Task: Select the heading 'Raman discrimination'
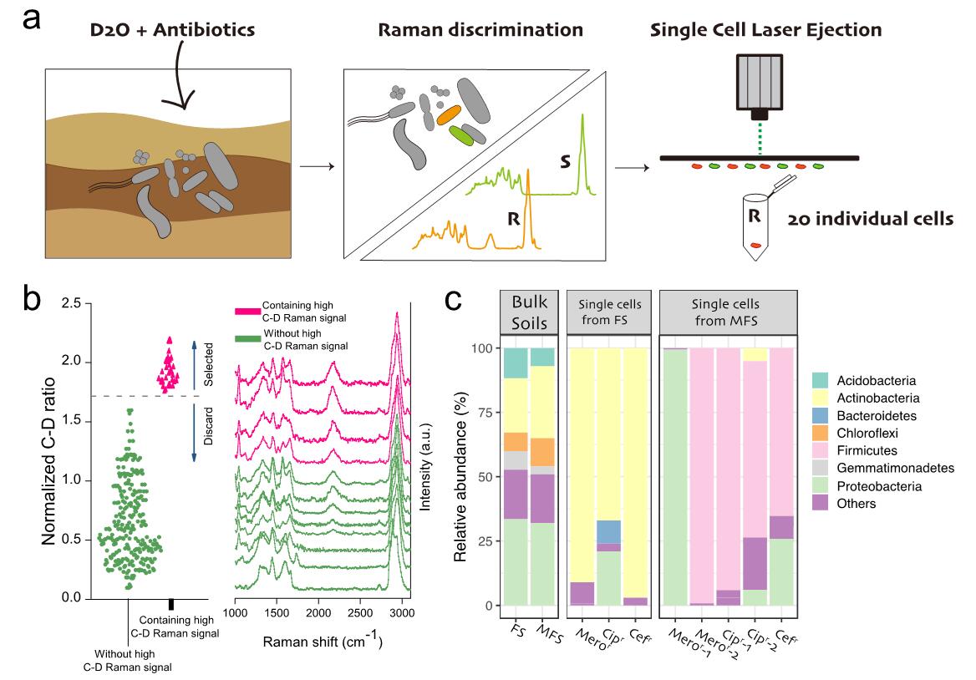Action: pyautogui.click(x=480, y=30)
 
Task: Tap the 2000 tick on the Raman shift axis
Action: pyautogui.click(x=318, y=612)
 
